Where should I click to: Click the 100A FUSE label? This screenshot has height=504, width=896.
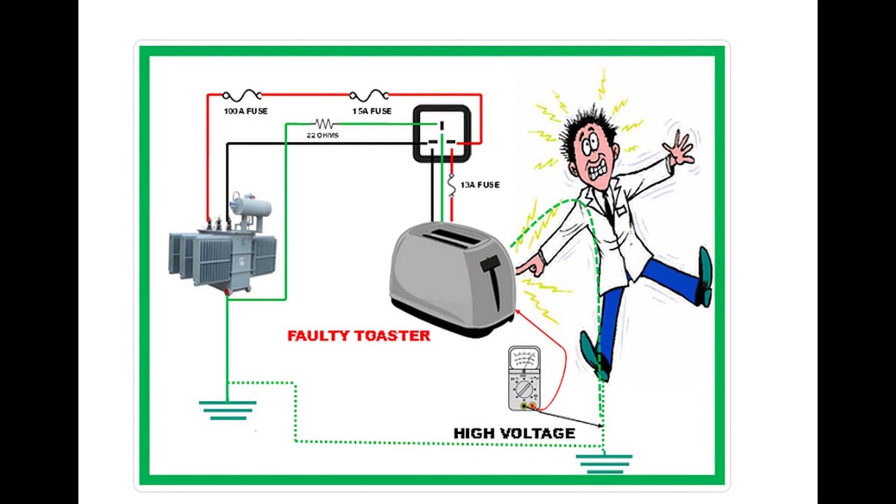point(246,111)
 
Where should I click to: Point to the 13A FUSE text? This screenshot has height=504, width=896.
point(479,185)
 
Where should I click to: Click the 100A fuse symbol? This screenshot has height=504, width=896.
point(241,95)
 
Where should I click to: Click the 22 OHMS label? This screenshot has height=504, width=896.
point(323,135)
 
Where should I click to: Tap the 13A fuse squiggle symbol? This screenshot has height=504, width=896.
point(452,185)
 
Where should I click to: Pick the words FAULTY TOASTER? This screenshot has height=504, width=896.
point(359,335)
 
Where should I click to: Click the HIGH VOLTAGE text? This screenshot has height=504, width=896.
point(514,433)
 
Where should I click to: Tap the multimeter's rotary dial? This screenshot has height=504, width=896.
point(523,388)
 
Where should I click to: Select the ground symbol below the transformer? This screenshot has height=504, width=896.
point(227,410)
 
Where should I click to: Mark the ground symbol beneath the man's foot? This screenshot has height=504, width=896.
point(604,464)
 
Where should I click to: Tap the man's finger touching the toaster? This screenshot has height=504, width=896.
point(521,267)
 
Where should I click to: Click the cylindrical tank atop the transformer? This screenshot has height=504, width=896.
point(253,209)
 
